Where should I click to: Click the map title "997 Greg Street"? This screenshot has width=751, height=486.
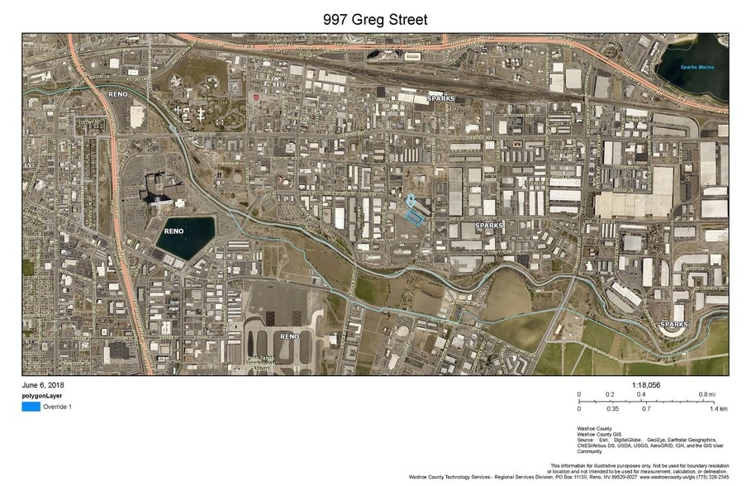[375, 19]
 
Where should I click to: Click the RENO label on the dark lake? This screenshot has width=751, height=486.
[173, 231]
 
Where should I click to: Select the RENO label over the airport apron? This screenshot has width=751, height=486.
[288, 336]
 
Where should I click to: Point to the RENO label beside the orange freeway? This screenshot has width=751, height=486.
[116, 94]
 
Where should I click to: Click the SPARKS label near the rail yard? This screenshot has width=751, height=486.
[440, 98]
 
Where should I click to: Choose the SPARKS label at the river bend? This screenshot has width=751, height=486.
[673, 325]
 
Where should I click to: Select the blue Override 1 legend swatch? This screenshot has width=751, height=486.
[31, 407]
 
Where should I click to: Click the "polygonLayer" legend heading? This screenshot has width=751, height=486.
[42, 395]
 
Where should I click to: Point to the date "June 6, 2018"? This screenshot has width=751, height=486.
[43, 385]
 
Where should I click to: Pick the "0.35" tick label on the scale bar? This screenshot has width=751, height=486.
[612, 408]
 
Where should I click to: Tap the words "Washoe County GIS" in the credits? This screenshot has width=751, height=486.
[598, 434]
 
